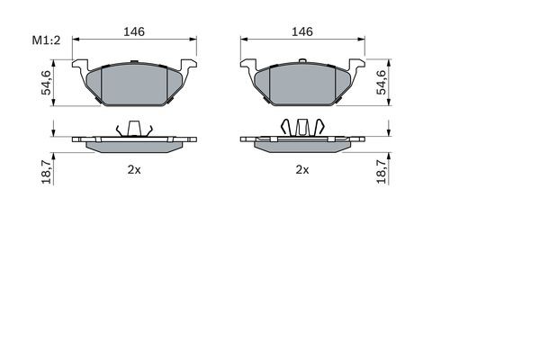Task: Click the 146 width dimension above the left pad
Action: pyautogui.click(x=134, y=31)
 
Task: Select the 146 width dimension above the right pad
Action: pyautogui.click(x=302, y=31)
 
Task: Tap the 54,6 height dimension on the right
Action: pyautogui.click(x=382, y=82)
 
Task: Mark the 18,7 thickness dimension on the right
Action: pyautogui.click(x=382, y=167)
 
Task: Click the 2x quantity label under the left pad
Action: pyautogui.click(x=134, y=168)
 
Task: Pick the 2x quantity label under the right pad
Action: pyautogui.click(x=302, y=168)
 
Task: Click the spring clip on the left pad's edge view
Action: pyautogui.click(x=134, y=128)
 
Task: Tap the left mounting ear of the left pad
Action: pyautogui.click(x=80, y=68)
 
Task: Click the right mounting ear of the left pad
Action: pyautogui.click(x=189, y=68)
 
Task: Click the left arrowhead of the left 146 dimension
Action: pyautogui.click(x=76, y=40)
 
